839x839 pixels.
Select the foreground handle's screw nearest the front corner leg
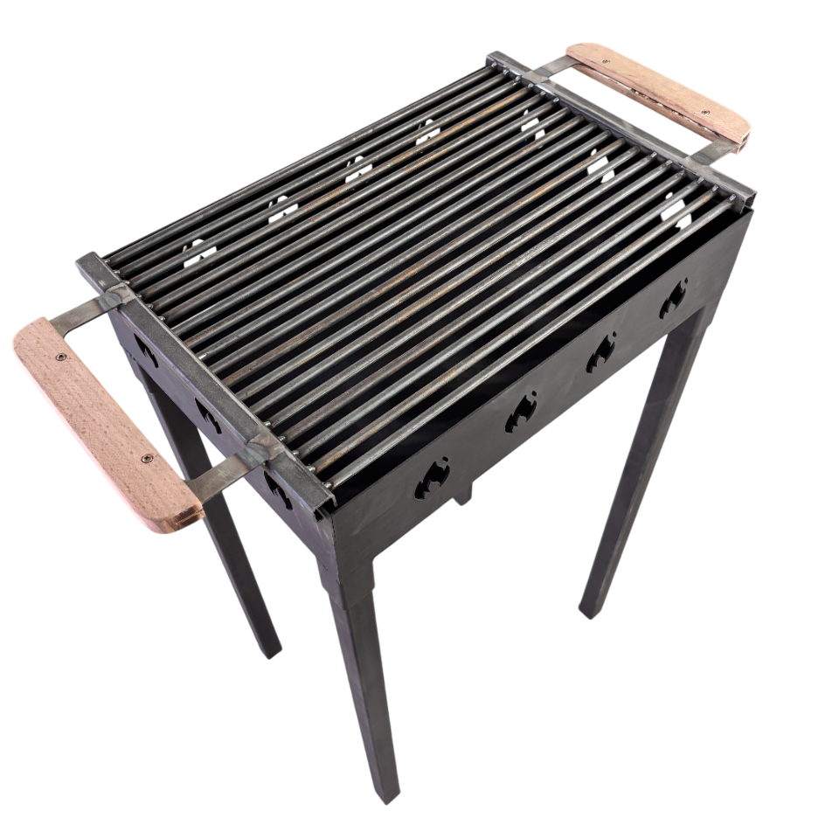click(147, 458)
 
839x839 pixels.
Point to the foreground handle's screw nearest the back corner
click(59, 357)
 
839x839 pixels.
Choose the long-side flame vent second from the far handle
click(601, 352)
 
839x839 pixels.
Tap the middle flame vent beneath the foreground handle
click(208, 416)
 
